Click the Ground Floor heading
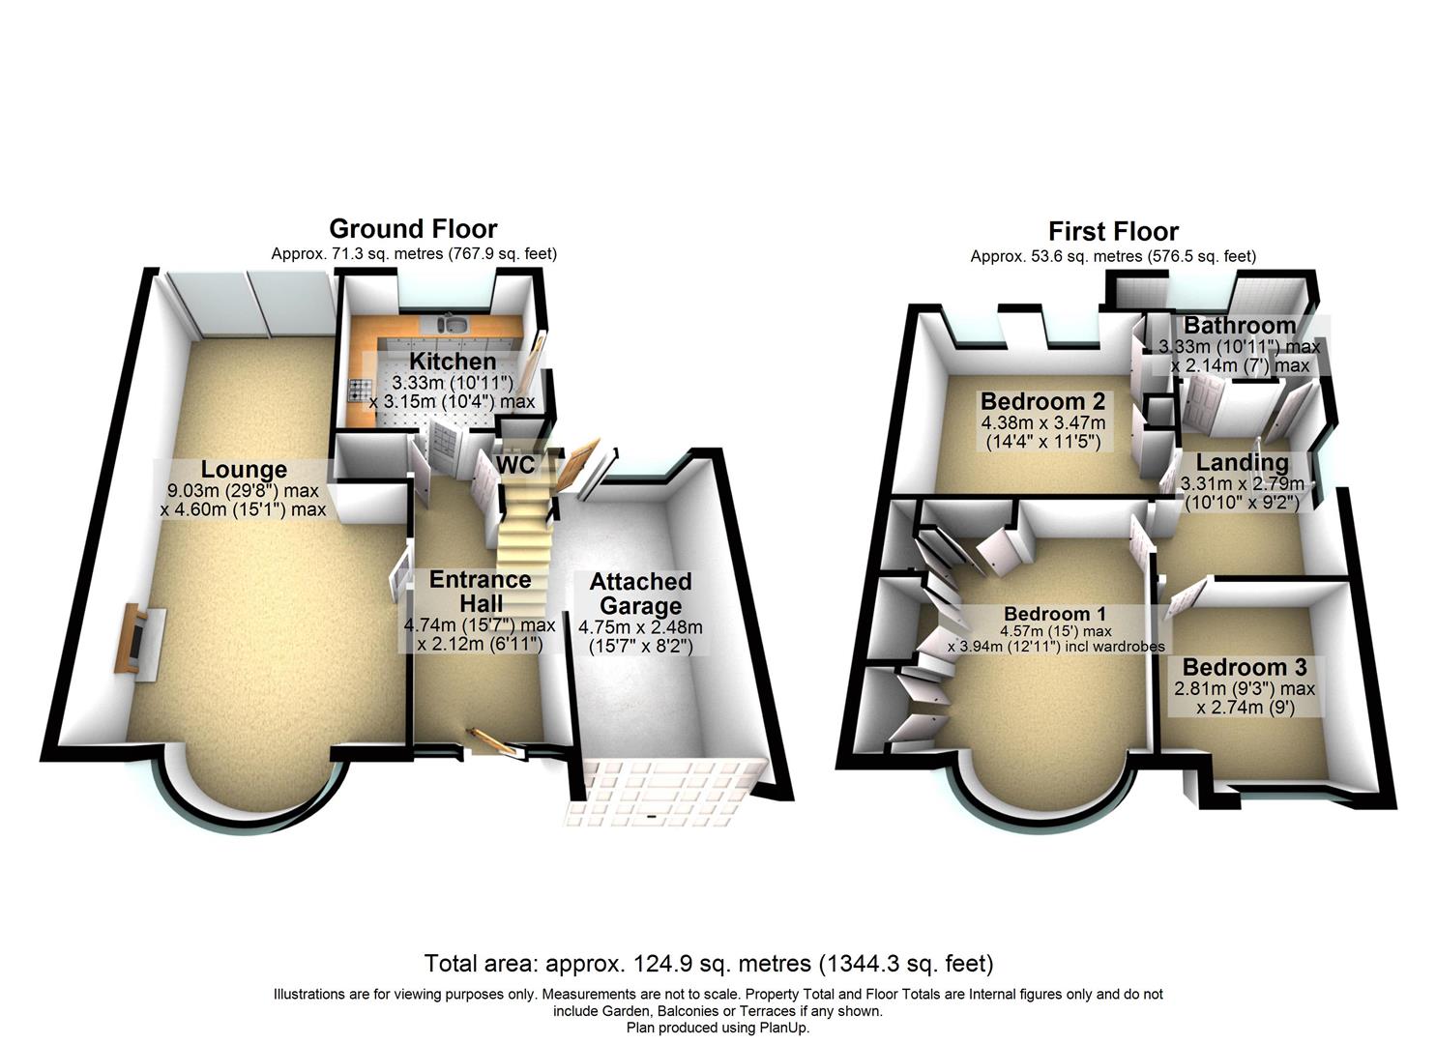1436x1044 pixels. pyautogui.click(x=413, y=229)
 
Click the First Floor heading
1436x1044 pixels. pyautogui.click(x=1113, y=231)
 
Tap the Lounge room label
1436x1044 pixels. pyautogui.click(x=244, y=469)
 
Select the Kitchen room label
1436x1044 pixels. pyautogui.click(x=453, y=362)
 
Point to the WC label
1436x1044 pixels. pyautogui.click(x=516, y=465)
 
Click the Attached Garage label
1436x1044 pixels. pyautogui.click(x=640, y=594)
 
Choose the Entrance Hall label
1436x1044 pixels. pyautogui.click(x=481, y=592)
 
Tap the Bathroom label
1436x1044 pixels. pyautogui.click(x=1239, y=326)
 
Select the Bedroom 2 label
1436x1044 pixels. pyautogui.click(x=1042, y=401)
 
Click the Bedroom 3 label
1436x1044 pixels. pyautogui.click(x=1245, y=667)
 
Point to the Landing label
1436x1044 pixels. pyautogui.click(x=1242, y=462)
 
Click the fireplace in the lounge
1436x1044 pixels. pyautogui.click(x=139, y=638)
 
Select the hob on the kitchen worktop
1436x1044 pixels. pyautogui.click(x=356, y=390)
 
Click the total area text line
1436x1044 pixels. pyautogui.click(x=709, y=963)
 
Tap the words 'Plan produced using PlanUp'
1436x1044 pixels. pyautogui.click(x=718, y=1028)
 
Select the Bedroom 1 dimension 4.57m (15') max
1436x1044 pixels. pyautogui.click(x=1056, y=630)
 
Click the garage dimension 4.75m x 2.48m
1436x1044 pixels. pyautogui.click(x=640, y=626)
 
